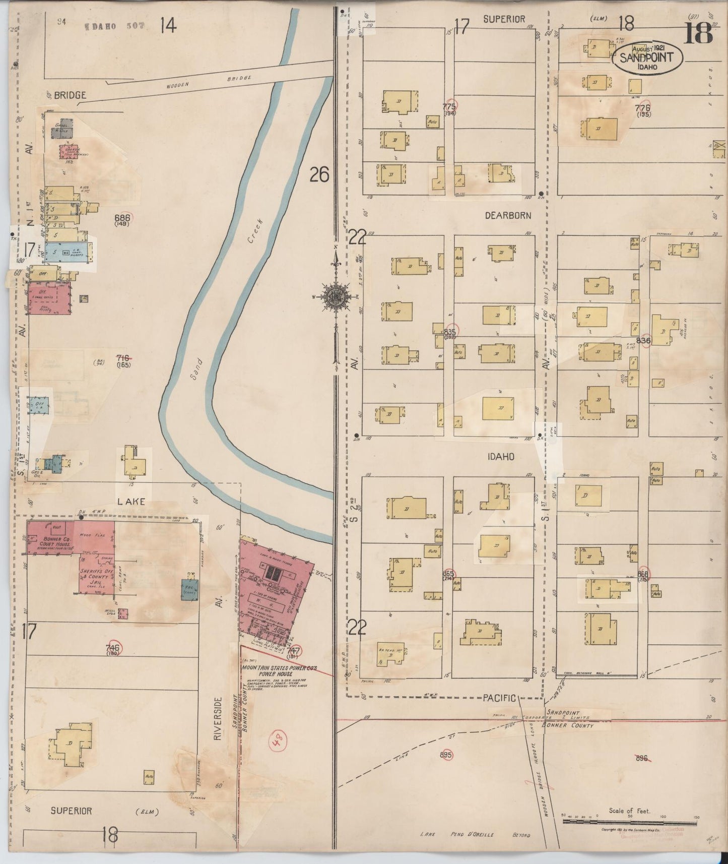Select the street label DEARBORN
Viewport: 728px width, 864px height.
[x=508, y=215]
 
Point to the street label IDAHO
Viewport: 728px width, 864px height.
[x=500, y=456]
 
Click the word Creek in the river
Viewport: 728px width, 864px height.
[x=256, y=231]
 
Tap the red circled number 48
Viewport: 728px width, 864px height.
[x=279, y=742]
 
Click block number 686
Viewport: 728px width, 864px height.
[x=122, y=218]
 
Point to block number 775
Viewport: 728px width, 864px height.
[x=449, y=106]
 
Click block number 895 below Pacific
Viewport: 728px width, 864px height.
[x=446, y=755]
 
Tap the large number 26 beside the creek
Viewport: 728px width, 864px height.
[x=319, y=174]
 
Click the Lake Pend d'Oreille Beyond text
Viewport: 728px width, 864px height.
[x=475, y=835]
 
